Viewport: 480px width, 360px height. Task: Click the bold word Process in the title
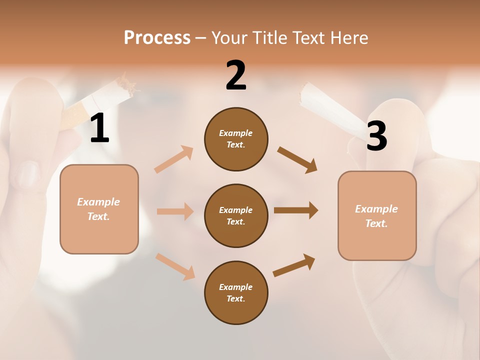click(x=157, y=38)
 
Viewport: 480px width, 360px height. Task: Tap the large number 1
click(x=99, y=128)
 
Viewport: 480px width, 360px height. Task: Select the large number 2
click(x=236, y=75)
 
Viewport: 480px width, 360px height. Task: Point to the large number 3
click(x=376, y=136)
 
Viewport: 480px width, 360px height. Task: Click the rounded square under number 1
click(x=99, y=209)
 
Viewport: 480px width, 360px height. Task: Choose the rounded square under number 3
click(x=377, y=216)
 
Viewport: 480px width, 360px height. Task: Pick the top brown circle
click(x=236, y=139)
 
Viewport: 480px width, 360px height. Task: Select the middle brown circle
click(x=236, y=215)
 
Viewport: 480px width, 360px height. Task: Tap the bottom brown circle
click(x=236, y=292)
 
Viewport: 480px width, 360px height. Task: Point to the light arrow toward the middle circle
click(x=175, y=211)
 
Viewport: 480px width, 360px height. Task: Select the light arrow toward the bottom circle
click(x=175, y=266)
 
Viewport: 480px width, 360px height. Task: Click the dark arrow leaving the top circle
click(x=297, y=160)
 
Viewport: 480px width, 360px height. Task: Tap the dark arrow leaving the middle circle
click(x=296, y=210)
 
